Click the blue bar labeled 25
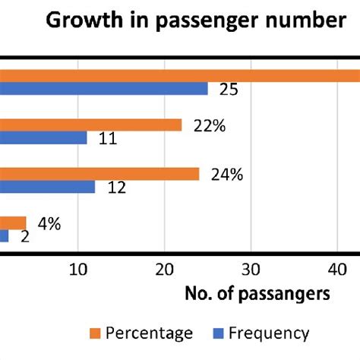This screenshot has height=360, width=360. click(104, 89)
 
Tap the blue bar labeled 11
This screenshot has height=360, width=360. click(43, 138)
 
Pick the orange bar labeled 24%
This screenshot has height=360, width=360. click(99, 174)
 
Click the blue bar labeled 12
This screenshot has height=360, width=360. click(47, 187)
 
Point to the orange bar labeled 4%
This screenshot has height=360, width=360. click(13, 223)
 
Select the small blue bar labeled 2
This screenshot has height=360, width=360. click(5, 236)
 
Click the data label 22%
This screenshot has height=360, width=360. click(210, 127)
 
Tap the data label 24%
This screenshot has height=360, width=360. click(226, 175)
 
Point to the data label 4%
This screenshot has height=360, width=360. click(49, 224)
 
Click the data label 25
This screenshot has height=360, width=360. click(228, 90)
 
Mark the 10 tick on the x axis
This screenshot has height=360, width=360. click(77, 268)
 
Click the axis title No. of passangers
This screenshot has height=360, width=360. click(257, 294)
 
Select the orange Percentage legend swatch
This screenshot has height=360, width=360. click(95, 333)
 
